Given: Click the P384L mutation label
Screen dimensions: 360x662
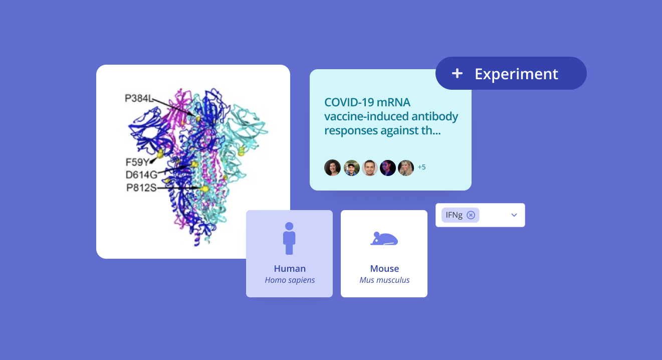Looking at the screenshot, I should pos(139,98).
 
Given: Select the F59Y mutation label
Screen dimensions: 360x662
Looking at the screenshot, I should pos(137,162).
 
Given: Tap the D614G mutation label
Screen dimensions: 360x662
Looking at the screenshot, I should pos(141,175).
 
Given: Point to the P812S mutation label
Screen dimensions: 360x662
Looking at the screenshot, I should pos(141,188).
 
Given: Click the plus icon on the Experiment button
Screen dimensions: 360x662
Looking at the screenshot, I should pos(457,74).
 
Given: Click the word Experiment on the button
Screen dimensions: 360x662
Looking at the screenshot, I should pos(516,74).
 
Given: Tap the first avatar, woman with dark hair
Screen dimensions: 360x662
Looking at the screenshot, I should pos(333,167).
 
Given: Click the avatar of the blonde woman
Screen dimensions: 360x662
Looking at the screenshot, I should pos(406,167).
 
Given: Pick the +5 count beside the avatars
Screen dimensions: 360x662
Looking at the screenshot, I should pos(422,167).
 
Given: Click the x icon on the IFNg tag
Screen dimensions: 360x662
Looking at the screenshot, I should pos(471,215).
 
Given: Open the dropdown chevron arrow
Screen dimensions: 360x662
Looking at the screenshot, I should pos(514,215).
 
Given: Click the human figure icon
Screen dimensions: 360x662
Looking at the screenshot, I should pos(289,238).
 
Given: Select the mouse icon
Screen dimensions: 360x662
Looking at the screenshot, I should pos(384,239).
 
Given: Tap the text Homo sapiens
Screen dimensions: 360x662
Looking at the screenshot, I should pos(290,280).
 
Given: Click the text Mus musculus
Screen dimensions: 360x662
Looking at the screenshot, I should pos(384,280).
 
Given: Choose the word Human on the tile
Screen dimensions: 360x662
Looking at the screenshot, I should pos(290,269).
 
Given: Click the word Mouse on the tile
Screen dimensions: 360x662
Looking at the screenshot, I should pos(384,269).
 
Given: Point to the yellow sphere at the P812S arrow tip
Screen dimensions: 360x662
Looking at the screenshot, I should pos(205,189).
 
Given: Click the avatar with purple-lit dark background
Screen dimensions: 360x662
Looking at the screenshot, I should pos(388,167).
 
